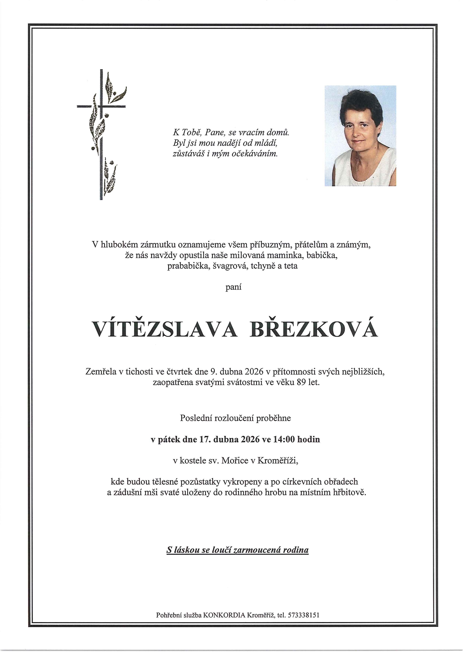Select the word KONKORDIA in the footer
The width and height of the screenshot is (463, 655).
tap(224, 615)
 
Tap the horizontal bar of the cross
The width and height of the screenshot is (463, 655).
tap(86, 107)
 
